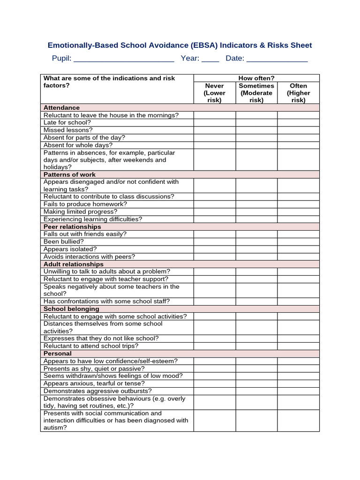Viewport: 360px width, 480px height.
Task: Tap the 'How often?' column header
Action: coord(256,78)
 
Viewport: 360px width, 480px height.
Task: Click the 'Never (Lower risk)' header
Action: coord(215,93)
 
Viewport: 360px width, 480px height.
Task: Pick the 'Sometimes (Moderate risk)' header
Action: coord(256,93)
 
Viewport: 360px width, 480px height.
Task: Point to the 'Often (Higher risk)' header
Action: coord(298,93)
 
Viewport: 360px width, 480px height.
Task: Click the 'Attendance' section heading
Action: coord(61,108)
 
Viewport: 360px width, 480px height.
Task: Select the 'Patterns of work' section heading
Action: coord(69,174)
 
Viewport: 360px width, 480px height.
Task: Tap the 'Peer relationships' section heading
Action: coord(72,227)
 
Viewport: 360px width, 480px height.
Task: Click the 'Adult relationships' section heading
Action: coord(74,264)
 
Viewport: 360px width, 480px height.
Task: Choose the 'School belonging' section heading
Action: coord(71,309)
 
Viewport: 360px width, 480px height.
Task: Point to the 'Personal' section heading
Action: coord(58,353)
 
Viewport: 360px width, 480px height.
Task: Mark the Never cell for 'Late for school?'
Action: coord(215,123)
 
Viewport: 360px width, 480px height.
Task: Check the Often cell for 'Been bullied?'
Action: coord(298,242)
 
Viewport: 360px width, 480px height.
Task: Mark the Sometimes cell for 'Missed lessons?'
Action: coord(256,130)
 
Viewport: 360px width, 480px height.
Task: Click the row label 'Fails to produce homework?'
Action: coord(85,204)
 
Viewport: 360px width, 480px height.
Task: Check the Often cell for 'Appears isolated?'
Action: coord(298,249)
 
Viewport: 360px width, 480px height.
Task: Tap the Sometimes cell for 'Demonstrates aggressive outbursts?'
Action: coord(256,391)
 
